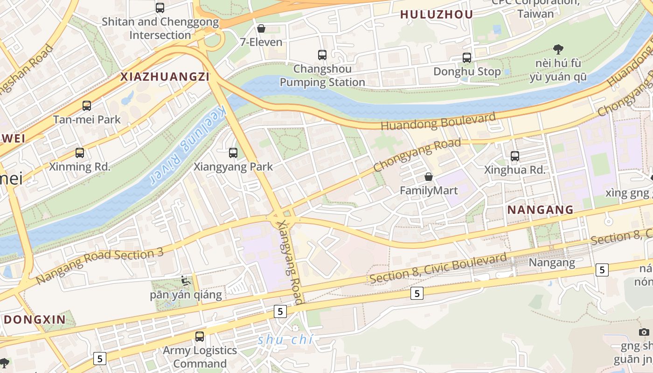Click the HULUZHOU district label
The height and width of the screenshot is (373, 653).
click(437, 14)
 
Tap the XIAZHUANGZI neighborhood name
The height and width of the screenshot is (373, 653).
click(165, 77)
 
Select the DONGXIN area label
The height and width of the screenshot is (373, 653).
click(35, 319)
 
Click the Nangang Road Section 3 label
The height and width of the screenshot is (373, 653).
click(100, 266)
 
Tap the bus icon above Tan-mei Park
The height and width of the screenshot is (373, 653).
click(87, 106)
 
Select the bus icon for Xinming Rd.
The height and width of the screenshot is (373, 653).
click(80, 153)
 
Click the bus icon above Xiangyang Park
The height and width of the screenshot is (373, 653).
click(233, 153)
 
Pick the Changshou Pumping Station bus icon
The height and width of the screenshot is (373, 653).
click(322, 55)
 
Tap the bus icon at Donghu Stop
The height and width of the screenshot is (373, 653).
click(467, 58)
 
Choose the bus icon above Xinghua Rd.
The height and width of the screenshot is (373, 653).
click(515, 156)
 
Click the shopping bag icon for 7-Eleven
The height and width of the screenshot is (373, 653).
click(261, 29)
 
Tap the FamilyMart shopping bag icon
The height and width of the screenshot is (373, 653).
click(429, 177)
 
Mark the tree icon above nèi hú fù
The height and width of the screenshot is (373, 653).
click(558, 49)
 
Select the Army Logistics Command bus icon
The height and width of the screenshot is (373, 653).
click(200, 336)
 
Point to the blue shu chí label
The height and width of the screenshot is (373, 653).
click(285, 340)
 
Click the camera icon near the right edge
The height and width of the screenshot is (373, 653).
click(644, 332)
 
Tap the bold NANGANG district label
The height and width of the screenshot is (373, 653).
click(540, 210)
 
